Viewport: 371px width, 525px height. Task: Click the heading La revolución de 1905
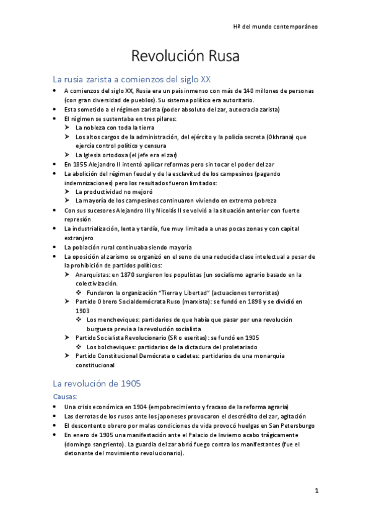(x=97, y=384)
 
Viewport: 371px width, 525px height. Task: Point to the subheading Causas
(x=65, y=396)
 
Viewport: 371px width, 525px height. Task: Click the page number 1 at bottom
(x=316, y=492)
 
